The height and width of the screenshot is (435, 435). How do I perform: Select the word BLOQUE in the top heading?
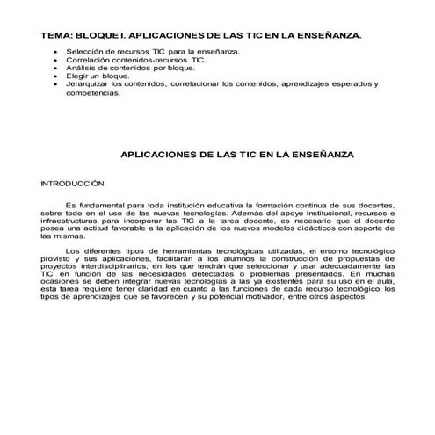(98, 36)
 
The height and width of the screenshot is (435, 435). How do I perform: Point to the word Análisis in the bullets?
(80, 69)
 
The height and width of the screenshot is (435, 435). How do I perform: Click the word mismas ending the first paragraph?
(56, 237)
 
